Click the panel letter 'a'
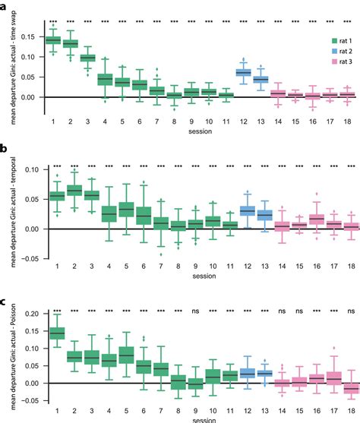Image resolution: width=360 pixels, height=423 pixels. click(4, 7)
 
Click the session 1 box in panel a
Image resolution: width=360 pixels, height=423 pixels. click(54, 40)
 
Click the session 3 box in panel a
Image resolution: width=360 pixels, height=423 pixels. click(88, 58)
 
